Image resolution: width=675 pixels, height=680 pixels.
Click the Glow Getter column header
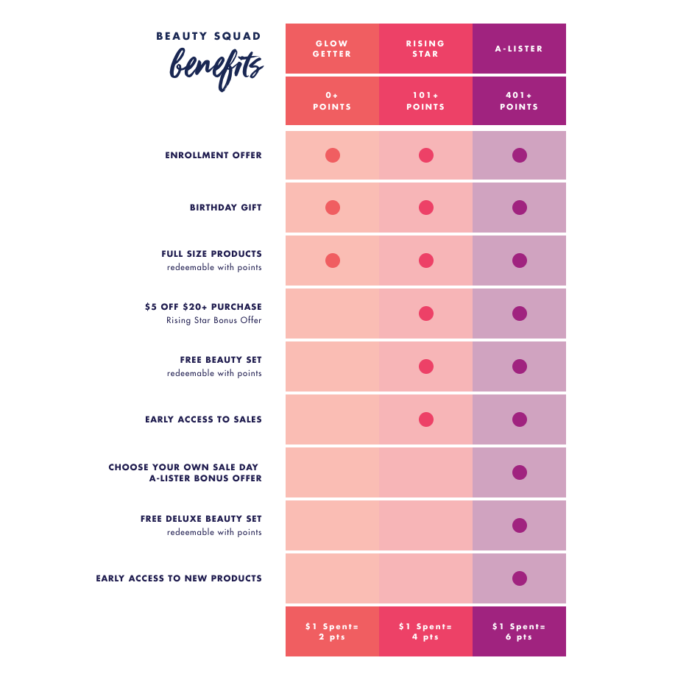(332, 49)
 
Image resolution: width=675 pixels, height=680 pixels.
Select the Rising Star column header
(425, 49)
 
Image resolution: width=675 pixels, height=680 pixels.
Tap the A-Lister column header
(519, 49)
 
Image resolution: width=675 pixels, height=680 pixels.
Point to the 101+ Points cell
(425, 101)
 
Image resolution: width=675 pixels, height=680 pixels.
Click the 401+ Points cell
(519, 101)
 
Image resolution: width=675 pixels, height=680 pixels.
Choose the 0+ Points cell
(332, 101)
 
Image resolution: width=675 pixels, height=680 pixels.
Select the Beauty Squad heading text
(209, 36)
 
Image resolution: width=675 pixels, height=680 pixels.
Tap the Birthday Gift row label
(225, 208)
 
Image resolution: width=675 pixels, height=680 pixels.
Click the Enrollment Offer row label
(213, 155)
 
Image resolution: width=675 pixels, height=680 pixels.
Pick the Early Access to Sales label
(203, 419)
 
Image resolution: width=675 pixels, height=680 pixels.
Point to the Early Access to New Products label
(179, 578)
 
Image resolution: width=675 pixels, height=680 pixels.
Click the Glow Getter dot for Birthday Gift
(333, 208)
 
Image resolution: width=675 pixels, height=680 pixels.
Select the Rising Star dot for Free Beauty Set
(425, 366)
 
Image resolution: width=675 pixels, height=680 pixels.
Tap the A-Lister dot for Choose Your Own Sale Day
(520, 472)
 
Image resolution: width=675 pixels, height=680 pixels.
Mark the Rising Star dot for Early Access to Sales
(425, 419)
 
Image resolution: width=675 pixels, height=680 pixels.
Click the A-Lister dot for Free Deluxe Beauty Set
(520, 525)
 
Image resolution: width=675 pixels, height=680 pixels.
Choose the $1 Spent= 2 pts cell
(332, 631)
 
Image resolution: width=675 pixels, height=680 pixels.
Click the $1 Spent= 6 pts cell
(519, 631)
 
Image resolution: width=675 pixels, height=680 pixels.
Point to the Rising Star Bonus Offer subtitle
(213, 320)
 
